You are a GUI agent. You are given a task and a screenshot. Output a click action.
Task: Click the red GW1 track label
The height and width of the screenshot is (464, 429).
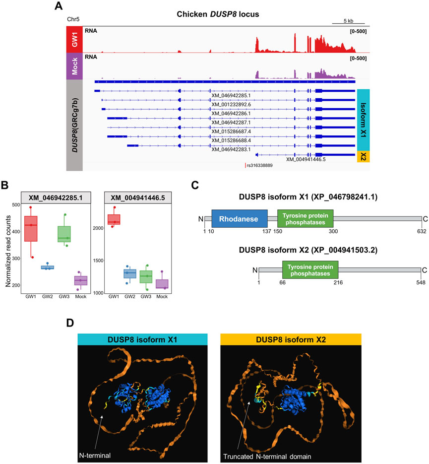74,39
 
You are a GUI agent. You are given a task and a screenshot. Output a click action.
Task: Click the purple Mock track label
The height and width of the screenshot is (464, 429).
74,66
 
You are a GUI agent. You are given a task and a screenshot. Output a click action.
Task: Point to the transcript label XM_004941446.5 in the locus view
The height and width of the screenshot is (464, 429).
306,159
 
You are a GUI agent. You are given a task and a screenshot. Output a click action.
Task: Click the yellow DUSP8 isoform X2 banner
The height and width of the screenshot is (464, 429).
290,339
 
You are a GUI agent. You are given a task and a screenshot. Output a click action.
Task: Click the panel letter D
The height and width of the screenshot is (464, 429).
71,323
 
